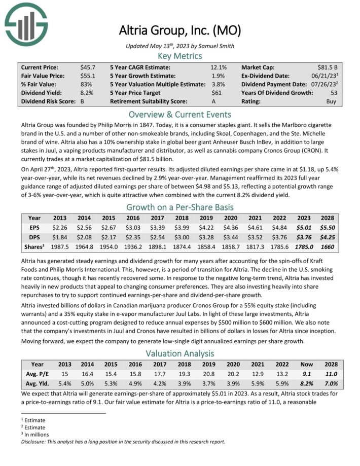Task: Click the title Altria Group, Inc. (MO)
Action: pos(179,30)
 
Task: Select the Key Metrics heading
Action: pos(179,56)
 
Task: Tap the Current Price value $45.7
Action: pos(88,67)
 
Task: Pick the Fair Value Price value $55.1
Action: pos(88,76)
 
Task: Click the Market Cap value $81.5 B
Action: pos(325,67)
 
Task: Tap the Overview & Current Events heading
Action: pos(179,114)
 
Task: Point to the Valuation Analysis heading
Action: pos(179,353)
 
